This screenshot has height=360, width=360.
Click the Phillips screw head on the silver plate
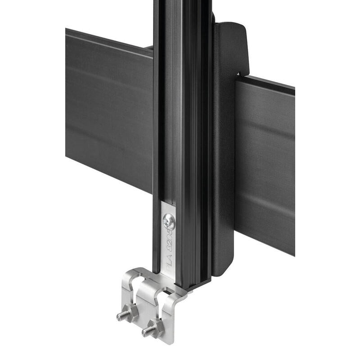point(170,221)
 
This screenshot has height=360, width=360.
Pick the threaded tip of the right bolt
point(145,333)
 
